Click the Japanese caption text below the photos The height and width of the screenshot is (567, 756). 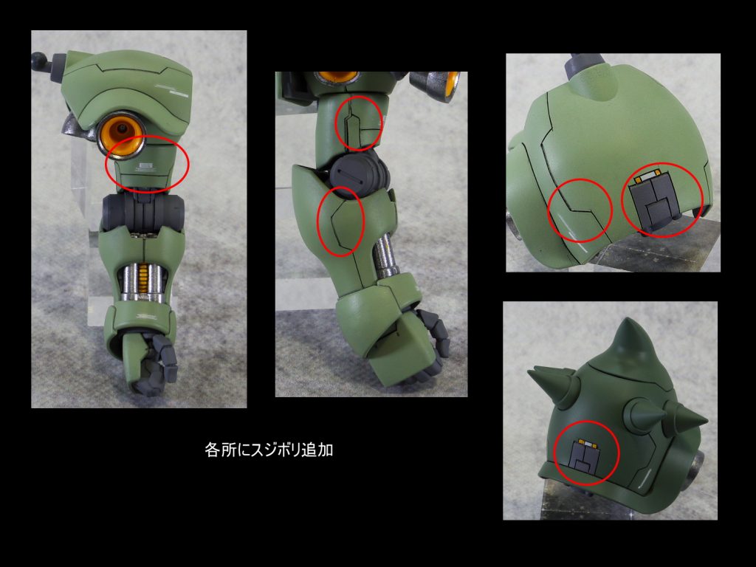(269, 450)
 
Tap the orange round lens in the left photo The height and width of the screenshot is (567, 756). (121, 134)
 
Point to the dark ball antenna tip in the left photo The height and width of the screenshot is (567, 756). (39, 60)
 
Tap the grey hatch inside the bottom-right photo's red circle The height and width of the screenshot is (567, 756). (585, 456)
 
